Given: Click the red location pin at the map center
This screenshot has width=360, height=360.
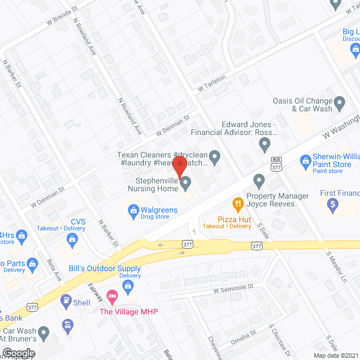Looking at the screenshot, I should coord(179,168).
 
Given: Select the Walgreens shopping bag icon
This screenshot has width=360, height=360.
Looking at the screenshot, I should coord(134,211).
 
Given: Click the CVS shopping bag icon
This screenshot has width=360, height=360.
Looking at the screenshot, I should coord(73,240).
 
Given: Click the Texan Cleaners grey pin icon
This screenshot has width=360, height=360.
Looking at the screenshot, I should coord(214,155).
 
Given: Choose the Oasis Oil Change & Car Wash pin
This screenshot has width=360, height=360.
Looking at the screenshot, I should coord(339,103).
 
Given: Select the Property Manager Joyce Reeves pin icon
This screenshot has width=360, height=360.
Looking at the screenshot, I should coord(259,181).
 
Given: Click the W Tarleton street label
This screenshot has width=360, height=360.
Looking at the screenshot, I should coord(211,84).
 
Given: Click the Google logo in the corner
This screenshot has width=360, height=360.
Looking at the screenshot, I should coord(19,353).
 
